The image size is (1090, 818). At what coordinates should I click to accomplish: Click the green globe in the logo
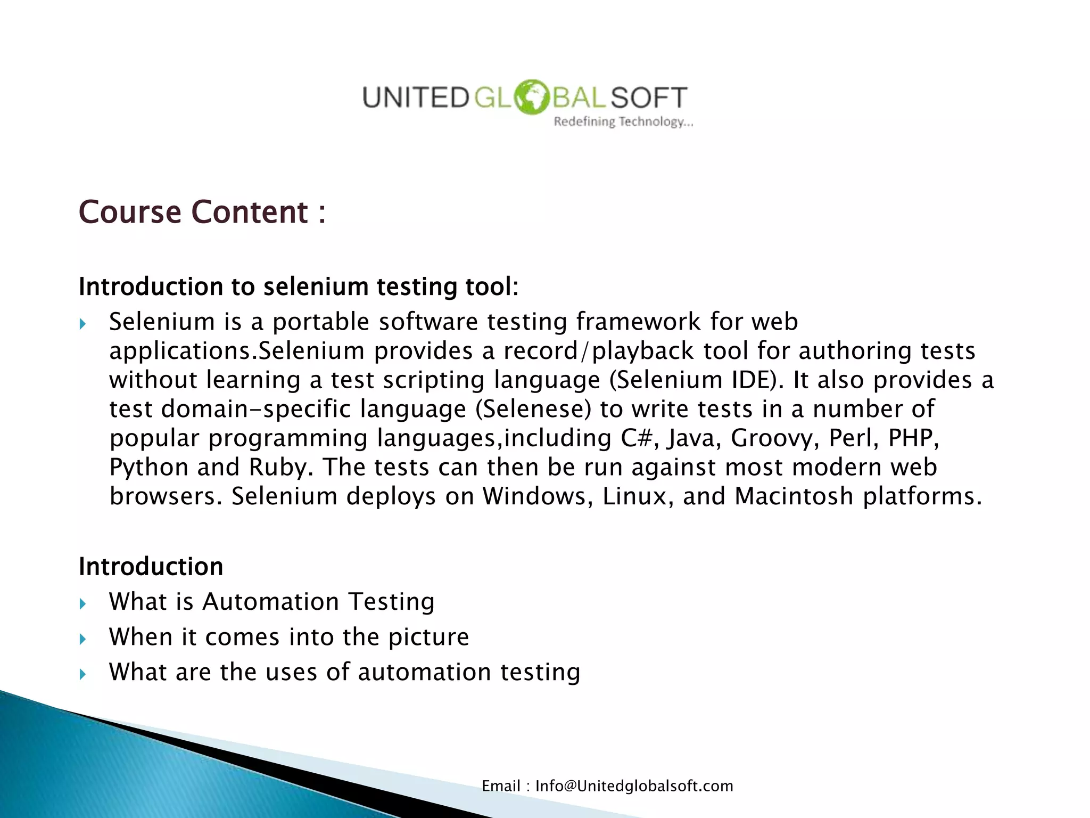(531, 97)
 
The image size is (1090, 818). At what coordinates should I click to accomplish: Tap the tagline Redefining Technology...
(623, 122)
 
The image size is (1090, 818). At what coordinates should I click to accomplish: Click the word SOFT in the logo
(649, 98)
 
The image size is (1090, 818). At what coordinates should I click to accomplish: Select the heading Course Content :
(202, 212)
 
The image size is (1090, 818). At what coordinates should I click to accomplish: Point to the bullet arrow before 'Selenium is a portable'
(82, 323)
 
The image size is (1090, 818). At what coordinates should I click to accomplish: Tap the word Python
(148, 468)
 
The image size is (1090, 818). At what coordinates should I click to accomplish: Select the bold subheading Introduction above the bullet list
(151, 567)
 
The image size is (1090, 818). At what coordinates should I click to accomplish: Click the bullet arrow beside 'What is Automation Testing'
(82, 603)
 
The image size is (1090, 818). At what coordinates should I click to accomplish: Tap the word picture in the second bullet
(428, 637)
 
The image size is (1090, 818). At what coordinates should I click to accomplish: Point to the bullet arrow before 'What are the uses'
(82, 674)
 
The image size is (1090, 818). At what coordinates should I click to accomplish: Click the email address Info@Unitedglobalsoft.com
(634, 786)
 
